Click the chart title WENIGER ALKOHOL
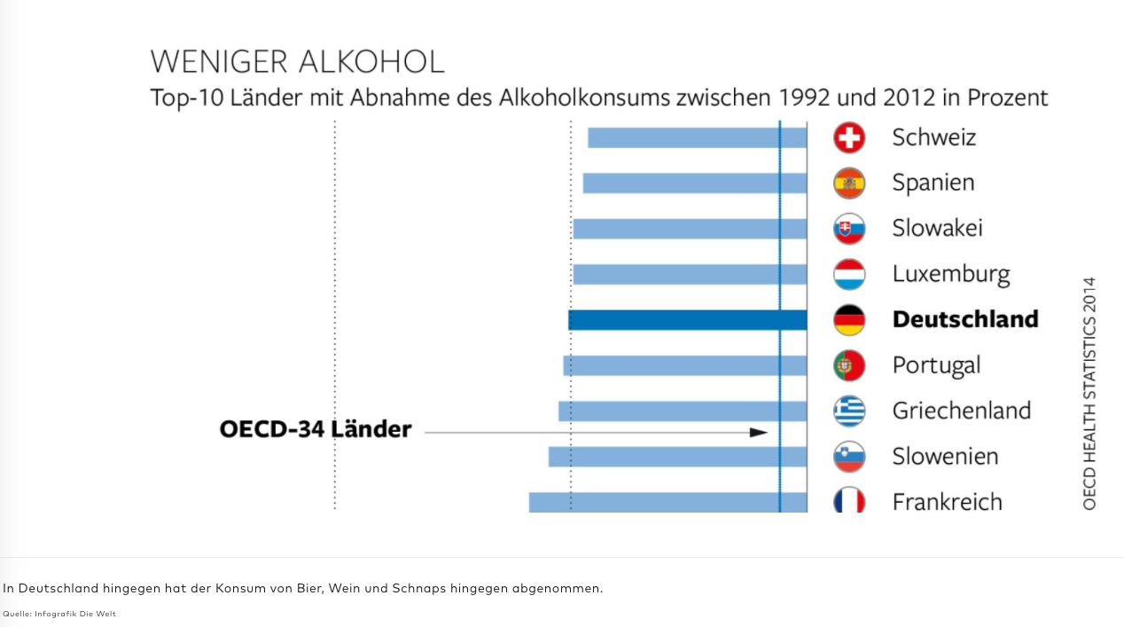(297, 62)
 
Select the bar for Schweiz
(697, 137)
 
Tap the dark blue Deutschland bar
(687, 320)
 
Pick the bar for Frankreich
(667, 502)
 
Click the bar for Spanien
(694, 183)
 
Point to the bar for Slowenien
(677, 457)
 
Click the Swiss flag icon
(849, 137)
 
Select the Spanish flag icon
(849, 183)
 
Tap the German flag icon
(849, 320)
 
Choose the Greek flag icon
(849, 411)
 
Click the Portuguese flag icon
(849, 365)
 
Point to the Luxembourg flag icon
(849, 274)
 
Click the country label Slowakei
(937, 228)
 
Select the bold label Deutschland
(964, 319)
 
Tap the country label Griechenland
(961, 411)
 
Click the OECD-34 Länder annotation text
(316, 429)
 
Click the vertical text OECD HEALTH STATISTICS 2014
(1089, 393)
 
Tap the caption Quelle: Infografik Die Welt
(59, 614)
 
